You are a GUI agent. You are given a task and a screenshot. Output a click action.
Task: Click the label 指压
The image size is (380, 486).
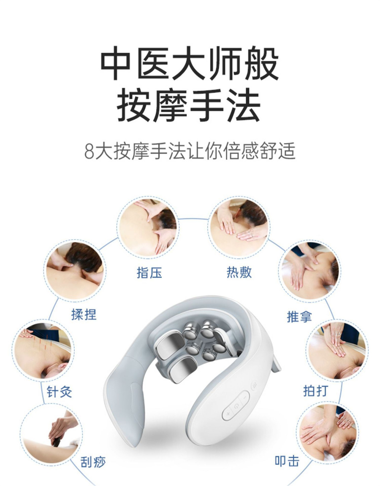point(149,273)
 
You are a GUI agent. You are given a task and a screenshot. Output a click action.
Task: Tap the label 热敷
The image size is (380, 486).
point(239,272)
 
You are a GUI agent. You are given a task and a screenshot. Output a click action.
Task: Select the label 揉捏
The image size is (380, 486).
point(84,314)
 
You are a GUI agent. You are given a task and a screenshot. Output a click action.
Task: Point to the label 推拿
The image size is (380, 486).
point(299,316)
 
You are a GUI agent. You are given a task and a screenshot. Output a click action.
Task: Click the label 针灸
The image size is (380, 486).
point(59,391)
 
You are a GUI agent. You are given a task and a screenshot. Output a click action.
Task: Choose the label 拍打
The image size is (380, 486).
point(316,390)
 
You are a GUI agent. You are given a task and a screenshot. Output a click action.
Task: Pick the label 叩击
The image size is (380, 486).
point(287,461)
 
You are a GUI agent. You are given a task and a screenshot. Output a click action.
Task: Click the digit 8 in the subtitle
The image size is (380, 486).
point(89,151)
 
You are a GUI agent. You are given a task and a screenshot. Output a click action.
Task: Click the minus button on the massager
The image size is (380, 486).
point(245,397)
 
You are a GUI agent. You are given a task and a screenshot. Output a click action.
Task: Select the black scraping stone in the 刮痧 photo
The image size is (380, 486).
point(57,441)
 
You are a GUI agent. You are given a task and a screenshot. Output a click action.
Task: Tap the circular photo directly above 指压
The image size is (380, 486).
point(148,228)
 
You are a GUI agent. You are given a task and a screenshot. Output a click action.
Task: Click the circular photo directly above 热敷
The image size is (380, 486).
point(239,227)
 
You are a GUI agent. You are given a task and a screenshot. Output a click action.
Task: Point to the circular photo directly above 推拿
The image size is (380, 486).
point(309,270)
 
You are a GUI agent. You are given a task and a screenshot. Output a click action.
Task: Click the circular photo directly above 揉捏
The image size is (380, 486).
point(75,270)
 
